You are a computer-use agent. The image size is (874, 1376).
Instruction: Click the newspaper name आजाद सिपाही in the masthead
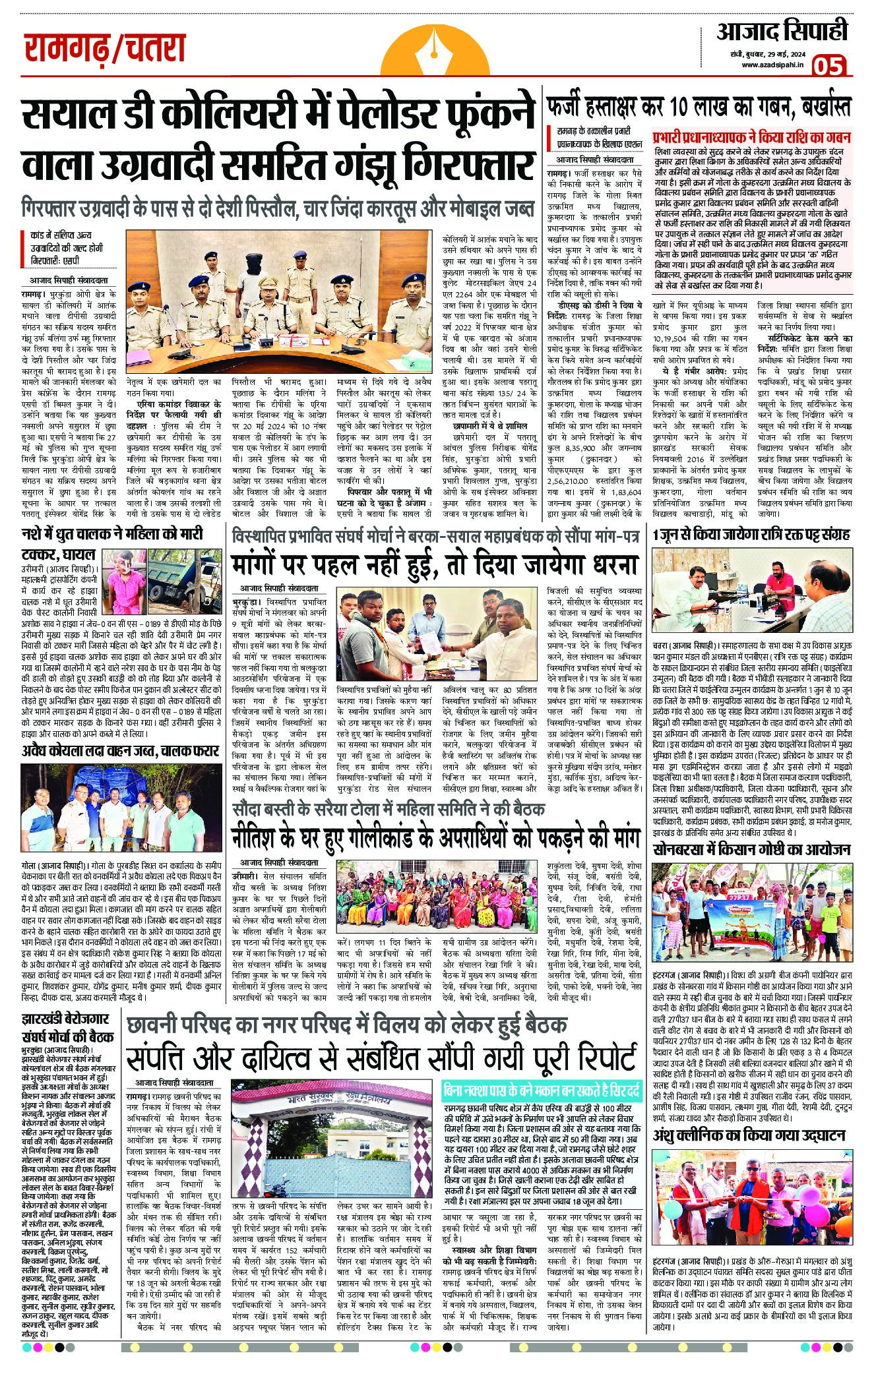(782, 31)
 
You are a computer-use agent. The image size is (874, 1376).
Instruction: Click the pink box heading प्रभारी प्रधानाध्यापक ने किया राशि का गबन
(752, 138)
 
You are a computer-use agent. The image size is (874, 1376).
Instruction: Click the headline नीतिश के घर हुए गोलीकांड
(435, 837)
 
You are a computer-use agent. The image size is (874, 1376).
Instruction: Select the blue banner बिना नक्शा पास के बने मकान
(541, 1091)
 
